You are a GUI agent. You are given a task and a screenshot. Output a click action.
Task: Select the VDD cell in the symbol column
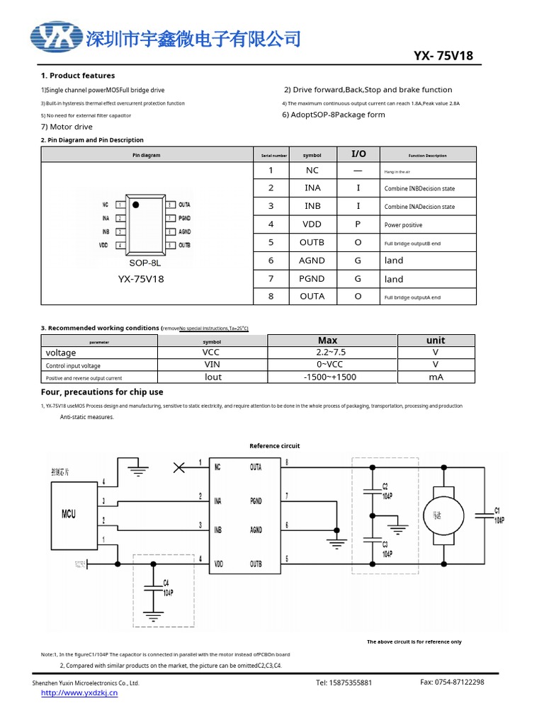312,224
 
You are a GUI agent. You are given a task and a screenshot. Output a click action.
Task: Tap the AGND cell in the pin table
312,260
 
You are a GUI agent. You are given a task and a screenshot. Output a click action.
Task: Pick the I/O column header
358,154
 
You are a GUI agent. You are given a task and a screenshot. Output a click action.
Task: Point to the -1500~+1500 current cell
329,377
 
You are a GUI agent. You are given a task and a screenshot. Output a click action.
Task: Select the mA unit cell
436,377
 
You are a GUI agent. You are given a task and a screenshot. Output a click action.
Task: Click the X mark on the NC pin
180,467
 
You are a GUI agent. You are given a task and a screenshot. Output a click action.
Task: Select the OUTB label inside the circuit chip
256,564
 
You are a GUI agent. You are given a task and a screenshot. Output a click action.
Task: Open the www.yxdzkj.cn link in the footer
79,692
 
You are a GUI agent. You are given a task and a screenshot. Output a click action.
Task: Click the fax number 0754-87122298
452,682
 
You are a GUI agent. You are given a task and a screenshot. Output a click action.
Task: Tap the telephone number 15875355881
344,683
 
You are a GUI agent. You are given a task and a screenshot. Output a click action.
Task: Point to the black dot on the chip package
136,204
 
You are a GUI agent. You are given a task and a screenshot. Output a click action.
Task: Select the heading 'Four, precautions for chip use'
102,392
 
